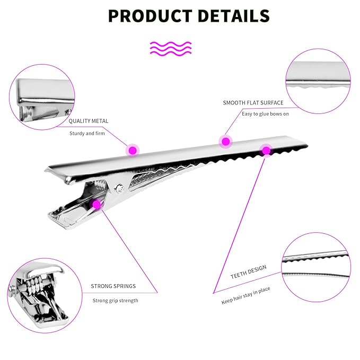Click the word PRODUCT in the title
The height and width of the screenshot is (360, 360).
tap(150, 16)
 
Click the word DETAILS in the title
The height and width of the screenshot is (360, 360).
tap(233, 16)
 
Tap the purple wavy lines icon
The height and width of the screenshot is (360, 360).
tap(171, 48)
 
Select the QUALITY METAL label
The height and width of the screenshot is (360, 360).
tap(89, 121)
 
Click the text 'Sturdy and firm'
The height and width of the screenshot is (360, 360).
tap(87, 134)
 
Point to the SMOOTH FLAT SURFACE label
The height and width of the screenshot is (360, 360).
tap(253, 103)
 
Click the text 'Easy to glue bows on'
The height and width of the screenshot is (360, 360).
tap(265, 114)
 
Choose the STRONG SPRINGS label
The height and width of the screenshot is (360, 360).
tap(113, 286)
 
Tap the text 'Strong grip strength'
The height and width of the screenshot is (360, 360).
tap(115, 301)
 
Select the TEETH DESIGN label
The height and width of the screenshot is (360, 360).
tap(249, 272)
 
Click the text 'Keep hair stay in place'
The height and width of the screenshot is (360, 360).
tap(245, 295)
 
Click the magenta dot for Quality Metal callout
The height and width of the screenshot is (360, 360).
tap(133, 151)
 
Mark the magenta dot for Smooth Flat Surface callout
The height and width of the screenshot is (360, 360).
tap(226, 142)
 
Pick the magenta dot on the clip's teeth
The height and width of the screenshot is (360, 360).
tap(266, 151)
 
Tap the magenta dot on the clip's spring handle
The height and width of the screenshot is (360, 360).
tap(96, 204)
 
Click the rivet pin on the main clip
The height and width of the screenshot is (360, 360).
tap(119, 189)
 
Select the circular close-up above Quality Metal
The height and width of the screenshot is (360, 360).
tap(42, 97)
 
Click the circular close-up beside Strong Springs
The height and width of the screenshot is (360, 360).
tap(45, 295)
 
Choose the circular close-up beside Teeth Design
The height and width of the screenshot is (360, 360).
tap(316, 267)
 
